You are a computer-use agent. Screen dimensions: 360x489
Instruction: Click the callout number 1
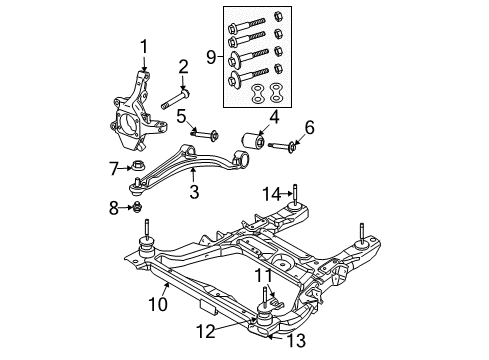point(143,45)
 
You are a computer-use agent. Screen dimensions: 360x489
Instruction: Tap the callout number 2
point(183,67)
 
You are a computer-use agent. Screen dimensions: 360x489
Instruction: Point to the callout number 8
point(115,208)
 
